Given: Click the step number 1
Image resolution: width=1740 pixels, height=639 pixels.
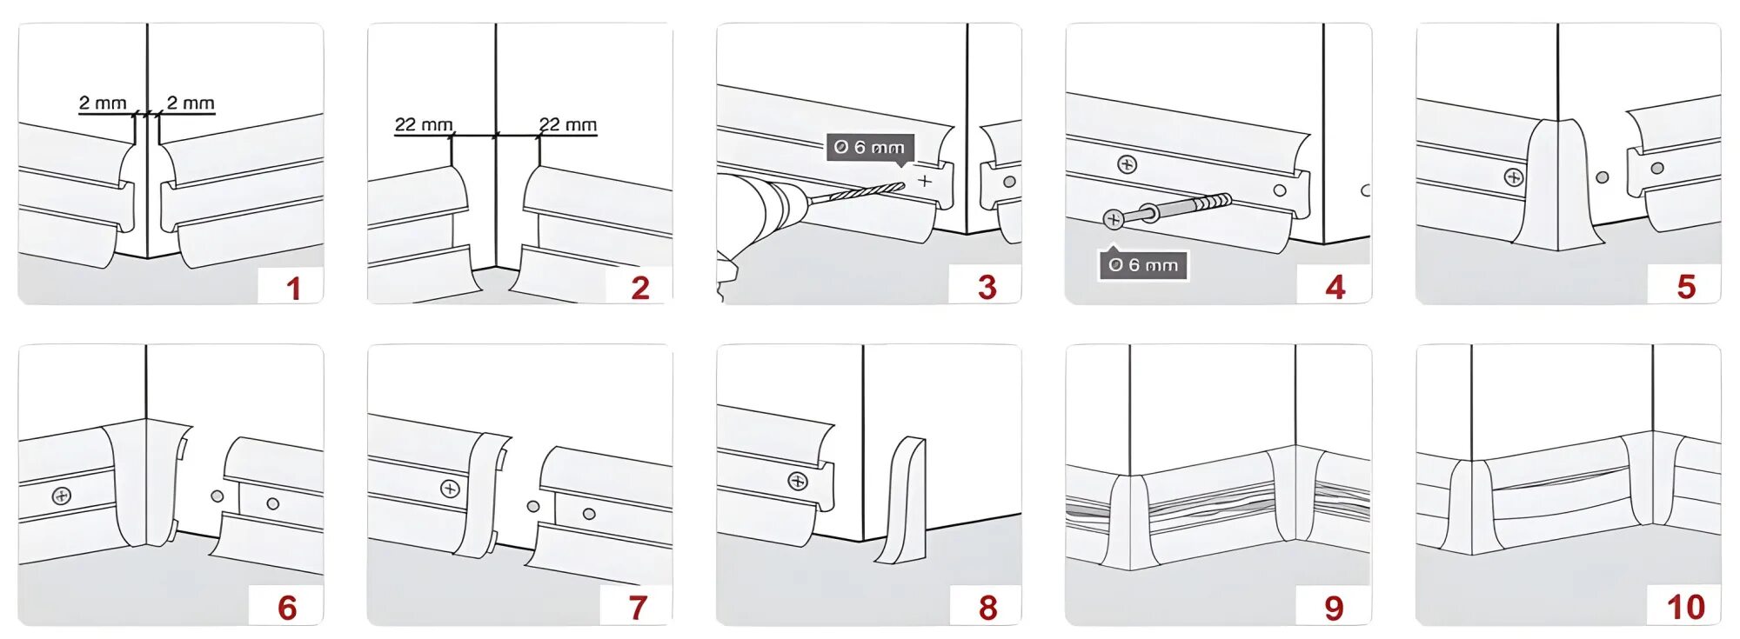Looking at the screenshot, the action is pos(293,288).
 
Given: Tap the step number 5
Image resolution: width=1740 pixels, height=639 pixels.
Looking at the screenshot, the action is pos(1686,287).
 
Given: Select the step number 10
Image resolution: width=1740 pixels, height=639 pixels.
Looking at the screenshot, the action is pos(1685,608).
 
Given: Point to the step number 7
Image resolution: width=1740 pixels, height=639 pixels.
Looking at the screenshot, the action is pos(638,608).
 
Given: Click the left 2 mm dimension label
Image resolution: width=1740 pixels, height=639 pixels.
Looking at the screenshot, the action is pos(103,103).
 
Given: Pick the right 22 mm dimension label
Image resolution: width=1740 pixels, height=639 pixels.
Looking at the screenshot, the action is pos(568,125).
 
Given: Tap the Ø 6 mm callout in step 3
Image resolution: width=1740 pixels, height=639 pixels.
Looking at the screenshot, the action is pos(869,147).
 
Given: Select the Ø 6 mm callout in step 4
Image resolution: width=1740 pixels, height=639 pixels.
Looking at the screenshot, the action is pos(1143,265).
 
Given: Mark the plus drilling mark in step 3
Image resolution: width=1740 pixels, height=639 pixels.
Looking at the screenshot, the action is pos(924,181).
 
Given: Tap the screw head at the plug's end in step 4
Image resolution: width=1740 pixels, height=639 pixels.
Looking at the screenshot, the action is pos(1114,219).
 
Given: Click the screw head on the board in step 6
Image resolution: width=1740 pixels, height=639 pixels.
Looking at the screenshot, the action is pos(62,496).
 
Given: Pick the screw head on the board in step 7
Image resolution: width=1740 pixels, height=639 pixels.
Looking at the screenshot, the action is pos(450,489).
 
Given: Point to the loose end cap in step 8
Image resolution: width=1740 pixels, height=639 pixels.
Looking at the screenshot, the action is pos(903,502).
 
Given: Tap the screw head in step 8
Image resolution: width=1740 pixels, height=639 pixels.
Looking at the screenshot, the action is pos(798,481).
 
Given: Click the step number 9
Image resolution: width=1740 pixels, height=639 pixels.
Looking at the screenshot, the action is pos(1334,608).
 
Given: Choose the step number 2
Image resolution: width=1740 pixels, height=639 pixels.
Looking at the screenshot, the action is pos(640,288).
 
